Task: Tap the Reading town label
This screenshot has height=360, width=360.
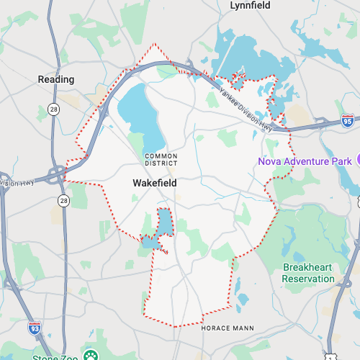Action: [56, 79]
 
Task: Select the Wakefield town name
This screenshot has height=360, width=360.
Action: [155, 184]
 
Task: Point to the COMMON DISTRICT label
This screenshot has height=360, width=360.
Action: [161, 159]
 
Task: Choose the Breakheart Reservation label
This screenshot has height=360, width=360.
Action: [308, 273]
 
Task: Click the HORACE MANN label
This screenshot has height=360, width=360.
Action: [227, 328]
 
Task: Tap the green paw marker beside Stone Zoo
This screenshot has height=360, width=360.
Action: [91, 355]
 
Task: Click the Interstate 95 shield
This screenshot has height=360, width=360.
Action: [348, 121]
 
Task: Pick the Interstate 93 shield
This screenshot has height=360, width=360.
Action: [35, 328]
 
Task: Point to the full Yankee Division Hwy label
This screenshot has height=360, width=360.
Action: [246, 109]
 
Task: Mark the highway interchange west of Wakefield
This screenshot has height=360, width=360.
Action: [56, 173]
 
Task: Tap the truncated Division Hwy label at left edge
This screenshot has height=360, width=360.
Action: [13, 182]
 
